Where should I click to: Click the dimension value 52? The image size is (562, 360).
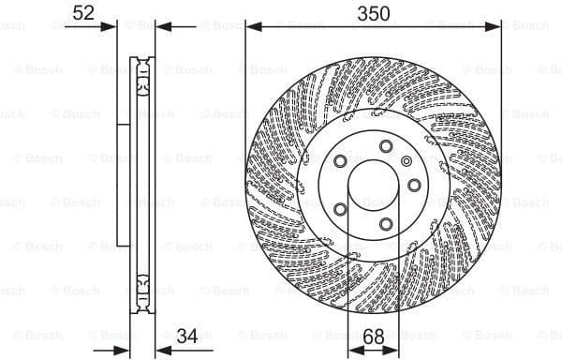tap(83, 12)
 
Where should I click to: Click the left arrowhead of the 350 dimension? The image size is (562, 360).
tap(251, 28)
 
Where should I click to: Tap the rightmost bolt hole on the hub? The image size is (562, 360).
tap(414, 184)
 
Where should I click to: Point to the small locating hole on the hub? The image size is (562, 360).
tap(407, 161)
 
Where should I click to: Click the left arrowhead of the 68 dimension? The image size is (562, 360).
tap(353, 350)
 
